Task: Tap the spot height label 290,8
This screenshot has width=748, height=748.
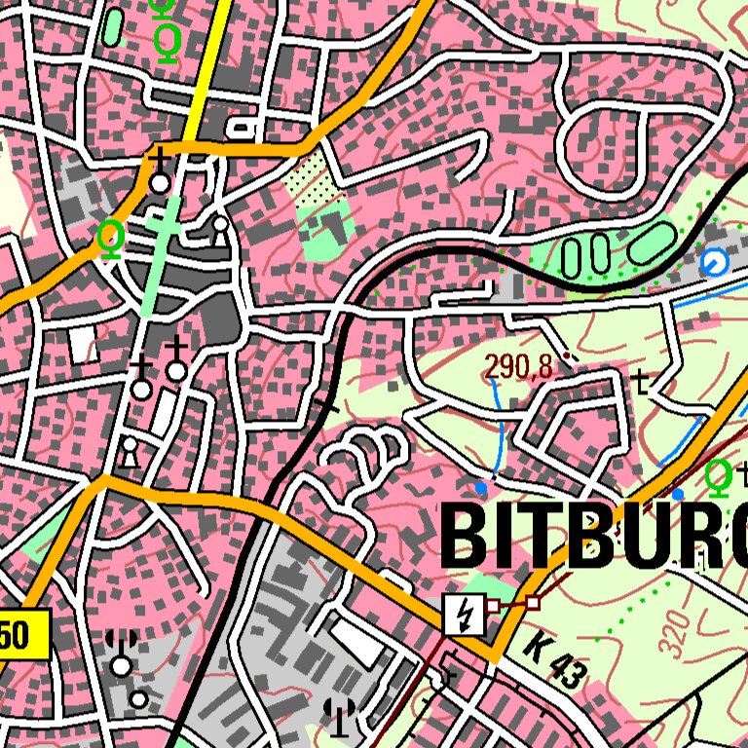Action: (x=518, y=367)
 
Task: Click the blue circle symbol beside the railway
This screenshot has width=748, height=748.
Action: (x=714, y=261)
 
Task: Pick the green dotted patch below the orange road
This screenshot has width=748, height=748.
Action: (x=311, y=181)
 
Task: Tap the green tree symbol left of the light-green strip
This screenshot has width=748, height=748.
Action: (x=111, y=239)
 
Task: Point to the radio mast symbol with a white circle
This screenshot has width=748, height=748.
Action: (x=122, y=654)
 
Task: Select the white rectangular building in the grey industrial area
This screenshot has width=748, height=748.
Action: (x=355, y=644)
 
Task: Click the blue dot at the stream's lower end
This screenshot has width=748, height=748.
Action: (x=481, y=486)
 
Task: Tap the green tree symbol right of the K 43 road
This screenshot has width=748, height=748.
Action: (x=718, y=478)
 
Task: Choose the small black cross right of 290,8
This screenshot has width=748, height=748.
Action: (x=640, y=380)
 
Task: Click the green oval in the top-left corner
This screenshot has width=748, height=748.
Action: (x=114, y=26)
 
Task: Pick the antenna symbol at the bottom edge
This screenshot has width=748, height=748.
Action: (x=339, y=716)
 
